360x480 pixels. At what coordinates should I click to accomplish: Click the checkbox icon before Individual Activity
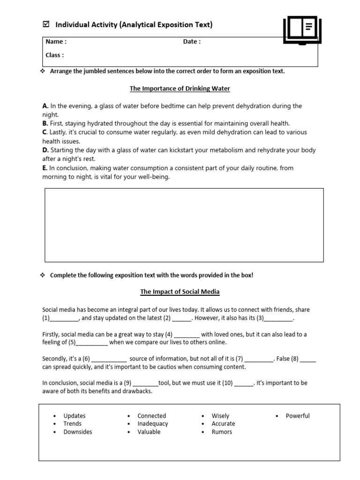tap(45, 24)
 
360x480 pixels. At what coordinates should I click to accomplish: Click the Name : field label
tap(56, 42)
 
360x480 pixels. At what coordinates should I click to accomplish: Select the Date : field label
tap(192, 42)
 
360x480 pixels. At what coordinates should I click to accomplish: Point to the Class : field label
tap(54, 55)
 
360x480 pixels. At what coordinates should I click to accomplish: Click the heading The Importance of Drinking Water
tap(180, 88)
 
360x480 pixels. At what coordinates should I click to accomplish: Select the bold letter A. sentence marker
tap(45, 106)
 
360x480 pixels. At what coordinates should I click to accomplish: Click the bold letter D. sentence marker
tap(45, 150)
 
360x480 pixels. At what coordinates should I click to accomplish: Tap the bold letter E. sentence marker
tap(45, 168)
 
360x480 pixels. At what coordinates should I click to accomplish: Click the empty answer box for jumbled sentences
tap(184, 225)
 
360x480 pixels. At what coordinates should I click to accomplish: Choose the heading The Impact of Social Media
tap(180, 292)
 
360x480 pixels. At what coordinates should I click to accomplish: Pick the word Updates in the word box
tap(75, 416)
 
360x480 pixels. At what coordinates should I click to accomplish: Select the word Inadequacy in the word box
tap(152, 424)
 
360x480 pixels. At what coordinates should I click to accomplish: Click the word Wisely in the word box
tap(220, 416)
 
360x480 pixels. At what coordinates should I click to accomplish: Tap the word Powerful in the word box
tap(298, 416)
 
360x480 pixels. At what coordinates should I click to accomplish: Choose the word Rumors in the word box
tap(222, 432)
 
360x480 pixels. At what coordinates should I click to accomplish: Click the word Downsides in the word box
tap(78, 432)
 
